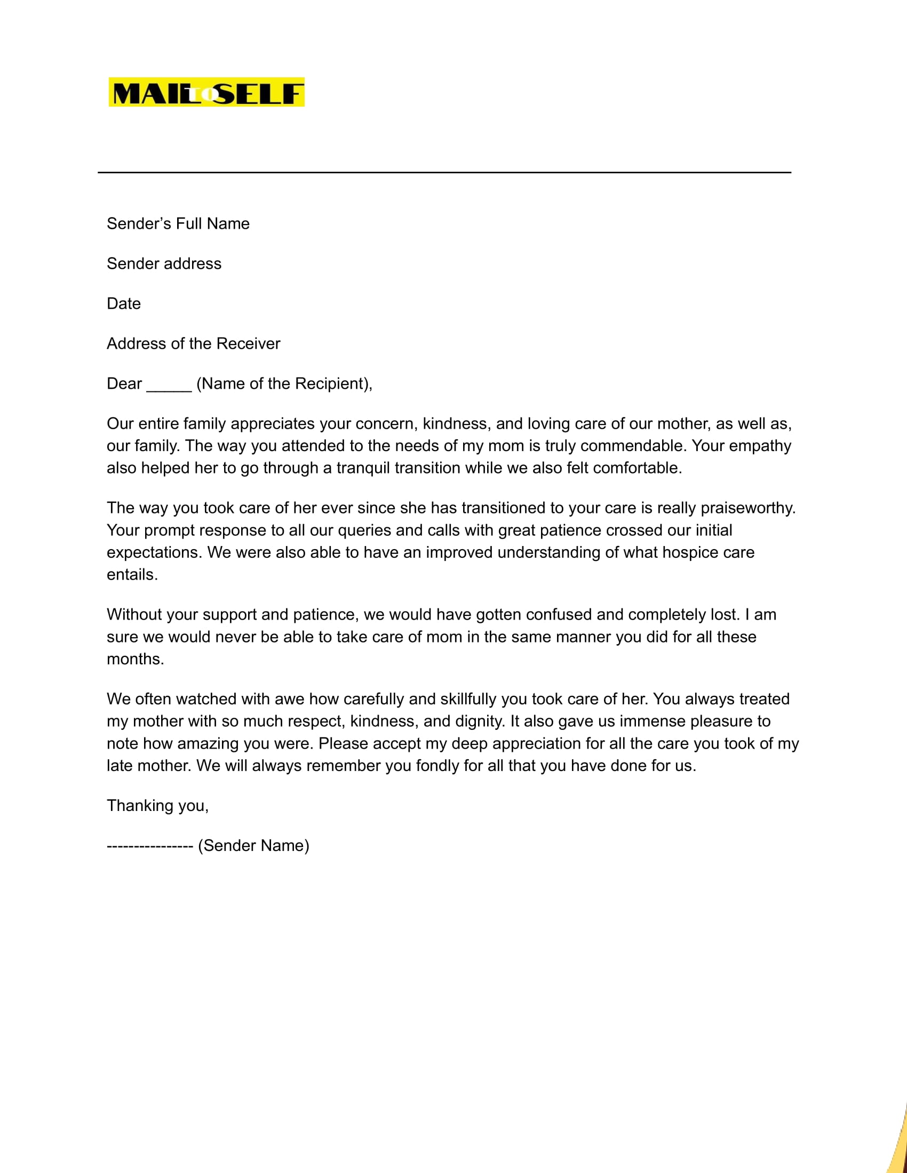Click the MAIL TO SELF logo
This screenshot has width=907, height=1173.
(x=206, y=92)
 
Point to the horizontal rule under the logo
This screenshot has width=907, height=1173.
(x=444, y=172)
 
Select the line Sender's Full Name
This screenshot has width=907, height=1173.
(x=178, y=223)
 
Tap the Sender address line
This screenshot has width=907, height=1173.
(x=164, y=264)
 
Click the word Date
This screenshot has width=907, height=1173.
(x=124, y=304)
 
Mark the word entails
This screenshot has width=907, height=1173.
(x=132, y=575)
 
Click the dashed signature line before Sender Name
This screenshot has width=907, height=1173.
(x=150, y=846)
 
